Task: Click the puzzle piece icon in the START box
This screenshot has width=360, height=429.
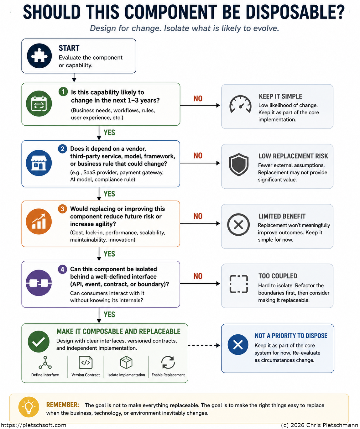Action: point(39,56)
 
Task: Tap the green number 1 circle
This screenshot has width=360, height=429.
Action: point(63,92)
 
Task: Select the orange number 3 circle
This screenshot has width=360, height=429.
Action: point(62,209)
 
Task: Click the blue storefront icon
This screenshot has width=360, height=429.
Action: point(39,163)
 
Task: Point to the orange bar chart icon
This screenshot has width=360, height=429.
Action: point(39,222)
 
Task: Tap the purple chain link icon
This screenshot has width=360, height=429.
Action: point(39,283)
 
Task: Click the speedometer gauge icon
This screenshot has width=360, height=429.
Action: point(240,104)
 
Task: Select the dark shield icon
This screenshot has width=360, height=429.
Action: point(238,165)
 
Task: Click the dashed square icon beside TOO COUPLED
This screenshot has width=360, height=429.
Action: point(238,284)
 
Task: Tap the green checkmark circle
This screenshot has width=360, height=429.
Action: point(39,342)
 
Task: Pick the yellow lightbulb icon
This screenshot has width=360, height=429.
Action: point(29,407)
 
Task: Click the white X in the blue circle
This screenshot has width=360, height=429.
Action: point(238,345)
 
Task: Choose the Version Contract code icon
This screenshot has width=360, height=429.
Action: point(86,363)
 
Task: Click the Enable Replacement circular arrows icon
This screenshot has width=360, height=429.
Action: point(168,363)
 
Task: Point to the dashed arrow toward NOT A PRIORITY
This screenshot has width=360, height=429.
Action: point(204,345)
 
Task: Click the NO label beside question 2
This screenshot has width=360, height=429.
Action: point(198,155)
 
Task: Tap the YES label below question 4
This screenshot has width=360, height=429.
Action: point(109,314)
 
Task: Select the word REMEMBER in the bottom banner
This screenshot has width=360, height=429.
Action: point(62,405)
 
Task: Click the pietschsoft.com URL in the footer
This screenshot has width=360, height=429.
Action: point(34,425)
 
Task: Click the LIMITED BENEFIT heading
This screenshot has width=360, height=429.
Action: point(282,216)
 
